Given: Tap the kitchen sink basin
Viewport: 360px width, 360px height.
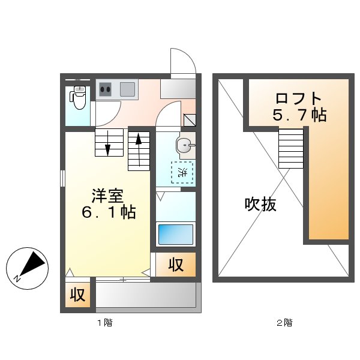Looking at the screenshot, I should [127, 90].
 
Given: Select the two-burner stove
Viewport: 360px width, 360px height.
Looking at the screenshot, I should [106, 90].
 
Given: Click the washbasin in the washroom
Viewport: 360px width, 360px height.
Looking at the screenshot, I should [184, 145].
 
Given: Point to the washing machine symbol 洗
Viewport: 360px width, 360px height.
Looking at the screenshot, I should [182, 172].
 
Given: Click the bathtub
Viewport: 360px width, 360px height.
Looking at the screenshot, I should [176, 234].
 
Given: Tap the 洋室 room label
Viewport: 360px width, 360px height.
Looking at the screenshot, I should [107, 196].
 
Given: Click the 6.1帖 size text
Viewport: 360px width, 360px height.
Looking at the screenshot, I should [109, 212].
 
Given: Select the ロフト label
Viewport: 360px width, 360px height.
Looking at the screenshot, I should [299, 99].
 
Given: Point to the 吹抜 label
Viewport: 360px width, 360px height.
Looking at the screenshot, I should [260, 205].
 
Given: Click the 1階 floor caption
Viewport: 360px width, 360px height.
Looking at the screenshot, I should [104, 323].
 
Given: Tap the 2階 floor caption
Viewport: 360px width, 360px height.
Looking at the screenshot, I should [284, 323].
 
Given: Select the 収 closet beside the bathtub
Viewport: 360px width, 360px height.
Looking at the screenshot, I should [175, 264].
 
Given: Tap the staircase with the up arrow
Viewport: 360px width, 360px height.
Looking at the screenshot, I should [139, 151].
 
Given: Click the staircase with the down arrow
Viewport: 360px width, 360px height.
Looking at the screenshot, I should [108, 142].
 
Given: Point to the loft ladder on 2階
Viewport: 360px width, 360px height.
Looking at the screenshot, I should [291, 149].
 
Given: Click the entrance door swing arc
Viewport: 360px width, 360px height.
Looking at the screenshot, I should [182, 61].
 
